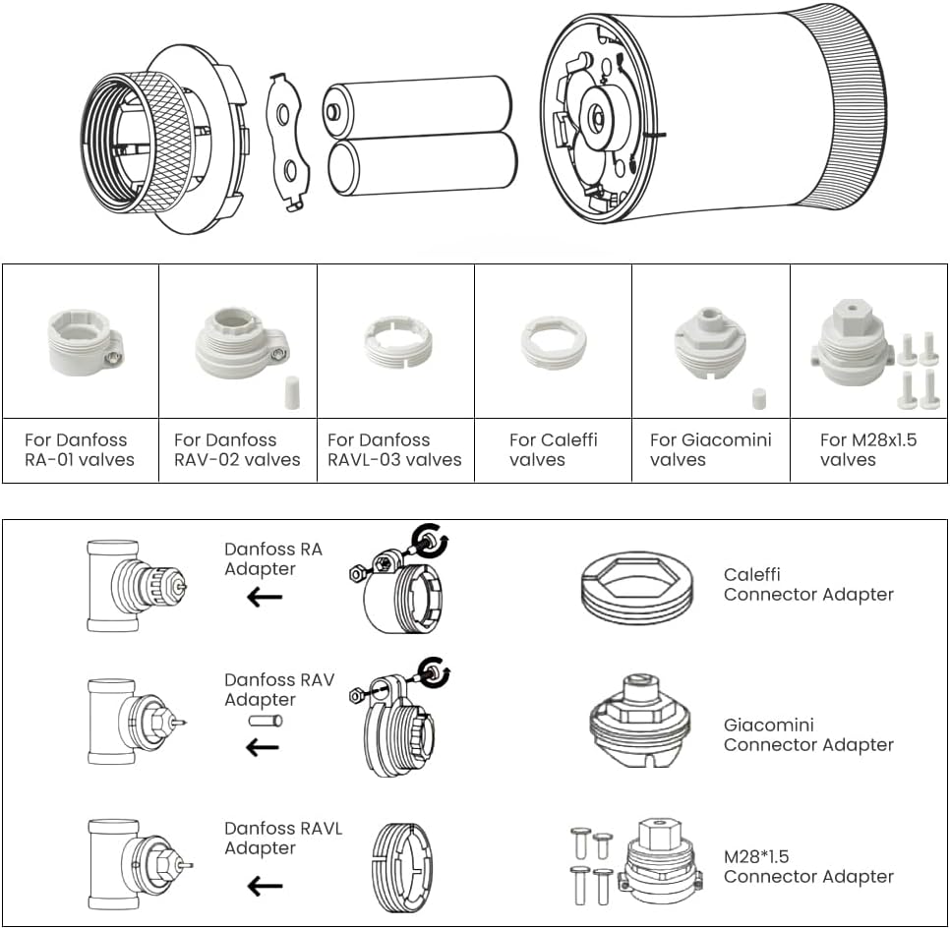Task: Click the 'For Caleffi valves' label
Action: click(x=553, y=449)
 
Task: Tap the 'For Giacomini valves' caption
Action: click(x=710, y=449)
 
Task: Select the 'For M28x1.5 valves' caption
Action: click(x=868, y=449)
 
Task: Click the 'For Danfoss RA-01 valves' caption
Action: click(x=79, y=449)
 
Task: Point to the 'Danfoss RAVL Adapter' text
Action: click(x=283, y=839)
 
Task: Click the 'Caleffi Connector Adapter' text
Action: click(x=808, y=584)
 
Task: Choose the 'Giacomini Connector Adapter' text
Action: click(x=808, y=734)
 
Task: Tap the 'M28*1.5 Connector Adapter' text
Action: click(x=808, y=866)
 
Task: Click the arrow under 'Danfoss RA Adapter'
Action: click(x=265, y=597)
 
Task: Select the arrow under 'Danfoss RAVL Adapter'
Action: click(x=265, y=887)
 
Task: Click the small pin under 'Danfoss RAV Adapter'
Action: click(x=265, y=721)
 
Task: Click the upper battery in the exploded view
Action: click(x=420, y=107)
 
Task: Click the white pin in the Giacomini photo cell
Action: click(x=758, y=398)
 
